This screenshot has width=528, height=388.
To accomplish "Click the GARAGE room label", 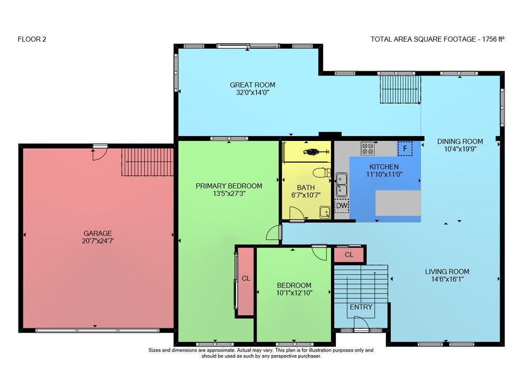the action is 98,233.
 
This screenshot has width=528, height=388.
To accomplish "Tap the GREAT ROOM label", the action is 252,85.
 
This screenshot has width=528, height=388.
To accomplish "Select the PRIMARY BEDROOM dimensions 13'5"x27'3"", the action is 229,194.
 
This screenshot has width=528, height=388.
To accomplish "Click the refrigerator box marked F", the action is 405,148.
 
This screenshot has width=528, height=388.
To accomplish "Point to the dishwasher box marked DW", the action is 342,205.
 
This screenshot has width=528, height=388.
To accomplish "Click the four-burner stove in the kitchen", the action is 367,148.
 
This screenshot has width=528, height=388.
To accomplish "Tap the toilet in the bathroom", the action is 322,173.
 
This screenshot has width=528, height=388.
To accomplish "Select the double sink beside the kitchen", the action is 342,185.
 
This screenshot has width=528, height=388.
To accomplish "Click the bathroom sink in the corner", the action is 325,212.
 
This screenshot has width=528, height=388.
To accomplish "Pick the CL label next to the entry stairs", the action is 349,254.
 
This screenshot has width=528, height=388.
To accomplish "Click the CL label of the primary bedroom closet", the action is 246,279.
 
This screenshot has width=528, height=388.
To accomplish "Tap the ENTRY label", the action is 361,307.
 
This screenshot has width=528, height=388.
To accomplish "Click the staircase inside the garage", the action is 147,162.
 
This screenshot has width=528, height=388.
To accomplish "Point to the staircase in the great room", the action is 400,89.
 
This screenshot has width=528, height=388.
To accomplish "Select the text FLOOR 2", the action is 32,39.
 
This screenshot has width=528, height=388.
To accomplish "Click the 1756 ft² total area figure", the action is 493,39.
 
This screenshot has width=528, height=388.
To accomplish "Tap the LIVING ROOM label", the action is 447,271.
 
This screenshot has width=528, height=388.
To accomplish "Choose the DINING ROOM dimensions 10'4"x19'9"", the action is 460,149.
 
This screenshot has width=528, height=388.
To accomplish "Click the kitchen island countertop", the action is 398,203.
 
